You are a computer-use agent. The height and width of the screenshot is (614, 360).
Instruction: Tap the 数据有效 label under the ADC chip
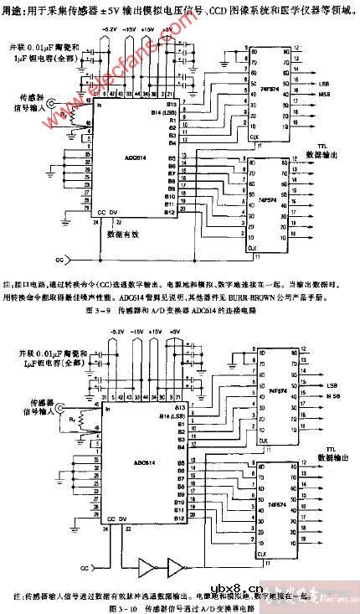click(125, 235)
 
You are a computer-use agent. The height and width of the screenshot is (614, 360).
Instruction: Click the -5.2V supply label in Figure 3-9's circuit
click(110, 29)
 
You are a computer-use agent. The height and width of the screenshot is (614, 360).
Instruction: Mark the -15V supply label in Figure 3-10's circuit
click(131, 332)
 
